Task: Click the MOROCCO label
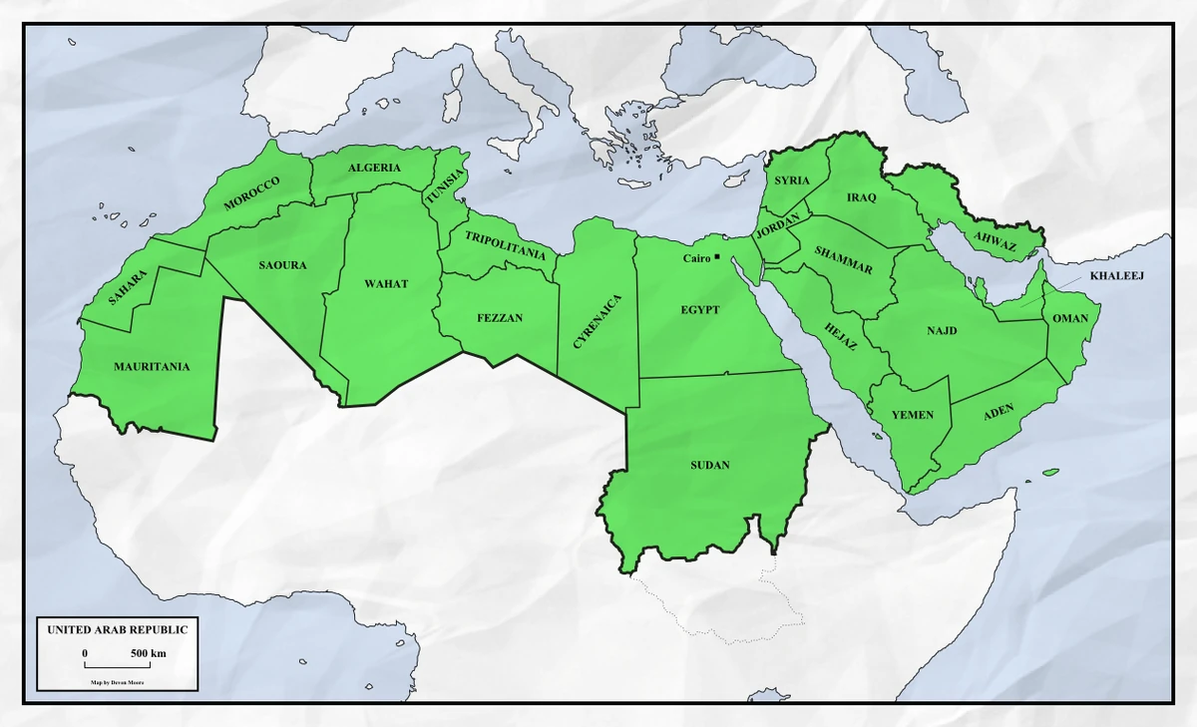[x=252, y=193]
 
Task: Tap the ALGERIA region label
[x=374, y=168]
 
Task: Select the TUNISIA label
[x=445, y=187]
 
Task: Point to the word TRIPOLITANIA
[x=505, y=246]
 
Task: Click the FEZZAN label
[x=500, y=318]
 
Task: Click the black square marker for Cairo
[x=717, y=257]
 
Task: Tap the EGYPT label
[x=700, y=310]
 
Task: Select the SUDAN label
[x=710, y=466]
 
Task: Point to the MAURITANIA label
[x=152, y=367]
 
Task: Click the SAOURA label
[x=282, y=265]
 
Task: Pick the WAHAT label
[x=386, y=284]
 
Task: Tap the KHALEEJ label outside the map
[x=1116, y=275]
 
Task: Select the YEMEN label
[x=912, y=414]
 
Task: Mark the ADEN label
[x=998, y=412]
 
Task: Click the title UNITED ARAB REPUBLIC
[x=117, y=630]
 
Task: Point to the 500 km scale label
[x=148, y=653]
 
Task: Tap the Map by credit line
[x=117, y=682]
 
